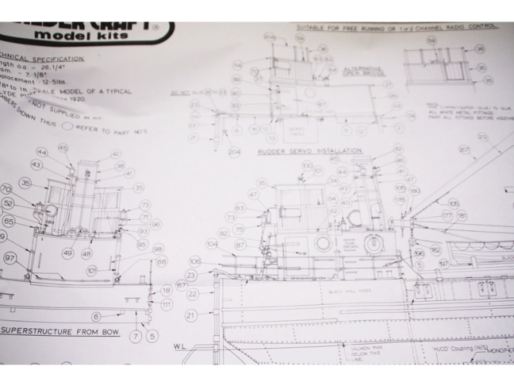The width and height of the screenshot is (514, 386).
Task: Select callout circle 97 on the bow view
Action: point(10,257)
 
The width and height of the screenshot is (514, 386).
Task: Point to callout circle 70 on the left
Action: point(6,188)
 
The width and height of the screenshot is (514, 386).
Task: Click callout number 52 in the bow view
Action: point(8,204)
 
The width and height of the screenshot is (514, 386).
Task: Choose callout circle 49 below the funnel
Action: point(68,253)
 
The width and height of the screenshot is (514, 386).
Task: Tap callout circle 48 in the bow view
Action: point(86,253)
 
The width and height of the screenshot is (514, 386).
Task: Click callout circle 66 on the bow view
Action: point(161,262)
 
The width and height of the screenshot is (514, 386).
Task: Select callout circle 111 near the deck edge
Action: point(167,305)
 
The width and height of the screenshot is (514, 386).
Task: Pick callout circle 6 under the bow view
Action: point(96,317)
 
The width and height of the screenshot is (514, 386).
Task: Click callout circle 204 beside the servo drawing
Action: point(235,152)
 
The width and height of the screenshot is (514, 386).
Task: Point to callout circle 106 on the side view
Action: point(194,262)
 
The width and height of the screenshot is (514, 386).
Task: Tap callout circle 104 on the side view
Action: point(211,243)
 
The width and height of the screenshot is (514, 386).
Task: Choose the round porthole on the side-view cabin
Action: point(323,243)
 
